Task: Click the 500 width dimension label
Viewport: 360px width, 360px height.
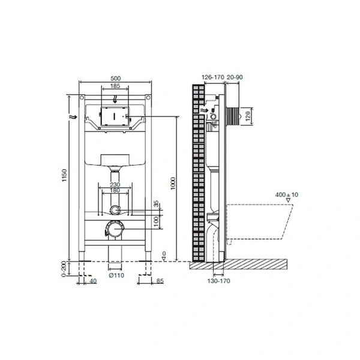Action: [115, 78]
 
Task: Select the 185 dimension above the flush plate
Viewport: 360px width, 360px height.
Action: [115, 86]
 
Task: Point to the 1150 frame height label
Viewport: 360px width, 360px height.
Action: [64, 175]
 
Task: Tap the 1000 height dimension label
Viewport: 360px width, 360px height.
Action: [173, 184]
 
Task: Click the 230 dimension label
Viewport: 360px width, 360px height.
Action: [115, 185]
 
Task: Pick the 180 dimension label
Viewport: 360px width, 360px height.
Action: [115, 190]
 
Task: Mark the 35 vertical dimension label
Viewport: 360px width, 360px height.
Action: [156, 203]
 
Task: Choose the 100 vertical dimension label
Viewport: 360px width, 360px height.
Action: [156, 221]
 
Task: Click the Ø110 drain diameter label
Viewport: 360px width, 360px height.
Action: [116, 275]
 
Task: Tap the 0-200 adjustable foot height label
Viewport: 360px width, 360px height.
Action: [64, 269]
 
